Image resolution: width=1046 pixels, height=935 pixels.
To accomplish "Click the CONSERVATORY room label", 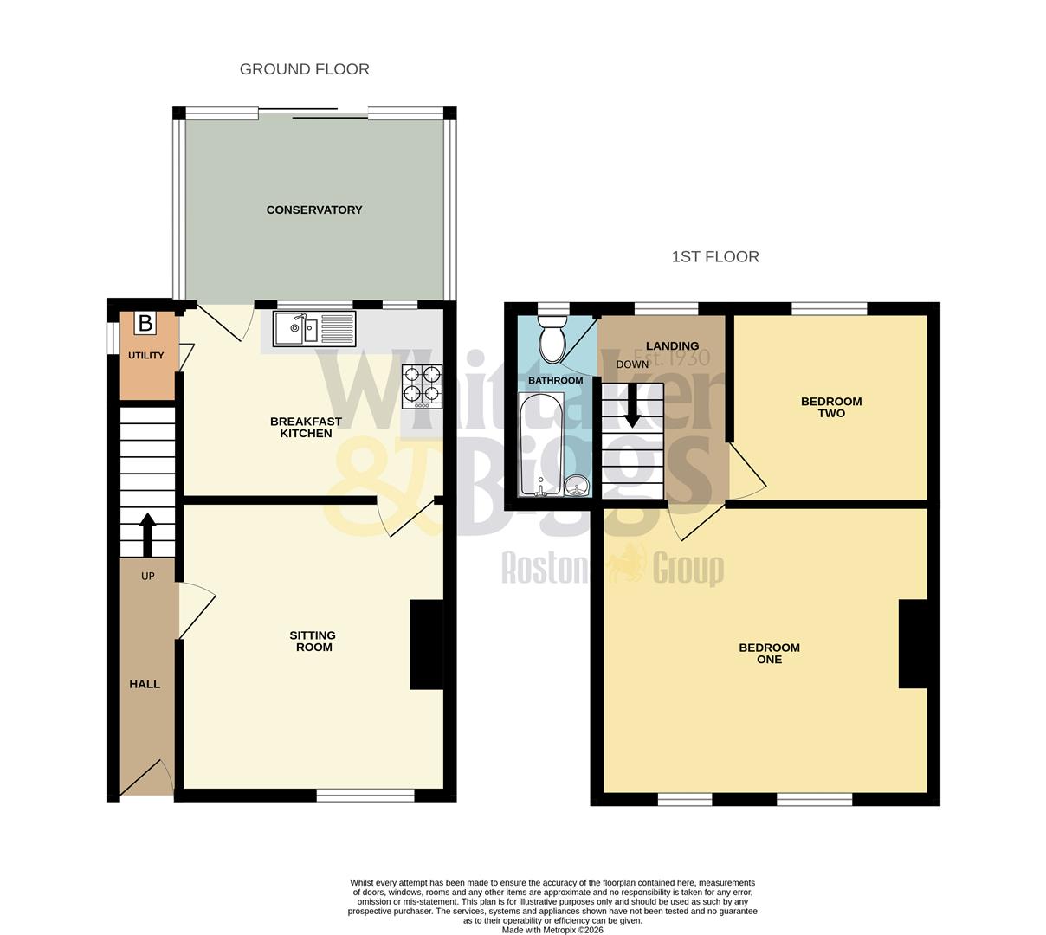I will pos(313,210).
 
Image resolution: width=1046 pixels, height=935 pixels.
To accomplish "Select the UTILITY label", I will pos(145,356).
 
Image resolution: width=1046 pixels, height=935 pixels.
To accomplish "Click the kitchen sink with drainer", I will pos(313,329).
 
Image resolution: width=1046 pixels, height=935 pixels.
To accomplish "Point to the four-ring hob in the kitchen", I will pos(422,386).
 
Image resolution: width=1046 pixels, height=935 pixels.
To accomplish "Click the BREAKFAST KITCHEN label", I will pos(306,427).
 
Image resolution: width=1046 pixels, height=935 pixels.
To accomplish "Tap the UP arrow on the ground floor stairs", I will pos(147,533).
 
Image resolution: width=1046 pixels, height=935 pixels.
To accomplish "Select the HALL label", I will pos(145,684).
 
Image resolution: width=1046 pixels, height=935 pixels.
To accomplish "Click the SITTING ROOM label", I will pos(313,642).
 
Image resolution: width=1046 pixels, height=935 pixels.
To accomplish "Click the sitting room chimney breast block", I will pos(426,645).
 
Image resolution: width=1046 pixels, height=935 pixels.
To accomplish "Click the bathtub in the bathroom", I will pos(540,445).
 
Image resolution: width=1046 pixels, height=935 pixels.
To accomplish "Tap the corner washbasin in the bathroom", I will pos(577,487).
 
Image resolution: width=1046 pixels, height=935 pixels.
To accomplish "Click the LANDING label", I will pos(672,346).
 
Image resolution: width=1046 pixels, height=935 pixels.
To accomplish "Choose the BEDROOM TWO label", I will pos(831,407).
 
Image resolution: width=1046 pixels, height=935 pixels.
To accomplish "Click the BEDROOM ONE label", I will pos(769,654).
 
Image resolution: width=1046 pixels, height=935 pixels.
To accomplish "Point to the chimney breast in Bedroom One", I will pos(913,644).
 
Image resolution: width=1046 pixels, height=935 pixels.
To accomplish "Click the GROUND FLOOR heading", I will pos(305,69).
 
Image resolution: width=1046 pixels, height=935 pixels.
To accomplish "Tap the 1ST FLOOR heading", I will pos(715,256).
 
